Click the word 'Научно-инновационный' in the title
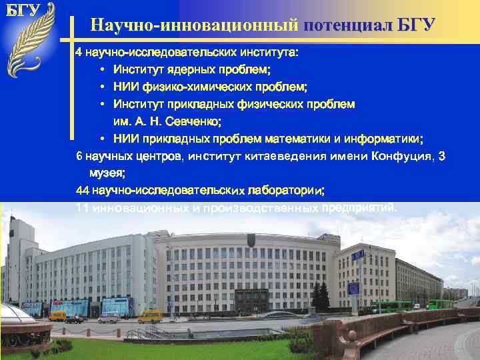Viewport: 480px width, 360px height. click(194, 26)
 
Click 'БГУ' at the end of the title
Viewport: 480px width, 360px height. click(417, 26)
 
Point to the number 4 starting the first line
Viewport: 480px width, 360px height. click(78, 52)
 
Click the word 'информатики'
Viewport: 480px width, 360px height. click(383, 139)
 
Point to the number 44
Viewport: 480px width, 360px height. click(83, 191)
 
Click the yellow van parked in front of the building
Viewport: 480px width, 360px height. click(150, 316)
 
